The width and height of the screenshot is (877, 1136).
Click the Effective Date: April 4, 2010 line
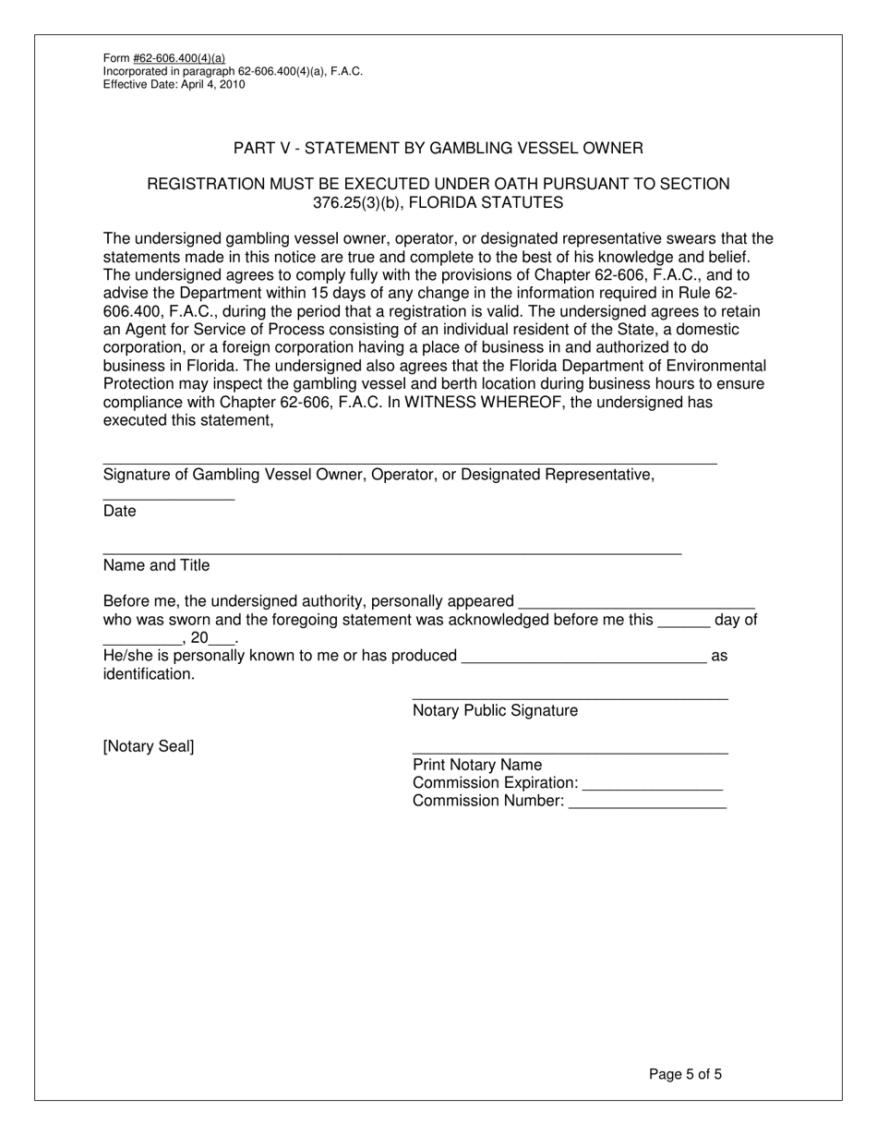(174, 84)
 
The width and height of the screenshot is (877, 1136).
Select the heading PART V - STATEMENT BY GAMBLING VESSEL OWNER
(438, 148)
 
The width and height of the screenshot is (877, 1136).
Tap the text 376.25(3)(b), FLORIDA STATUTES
(438, 202)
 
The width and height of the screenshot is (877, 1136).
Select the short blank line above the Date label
(169, 499)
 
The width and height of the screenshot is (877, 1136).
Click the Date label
(120, 512)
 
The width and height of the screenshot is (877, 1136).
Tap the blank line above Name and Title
(392, 552)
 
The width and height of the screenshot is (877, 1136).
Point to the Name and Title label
(157, 565)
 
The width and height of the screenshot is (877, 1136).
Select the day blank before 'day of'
(684, 624)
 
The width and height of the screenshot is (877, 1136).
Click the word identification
(149, 674)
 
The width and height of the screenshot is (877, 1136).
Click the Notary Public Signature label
(495, 710)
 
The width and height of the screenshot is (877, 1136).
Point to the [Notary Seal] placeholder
(149, 746)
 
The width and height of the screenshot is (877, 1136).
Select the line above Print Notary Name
(570, 753)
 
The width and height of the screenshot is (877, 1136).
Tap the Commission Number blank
(647, 806)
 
